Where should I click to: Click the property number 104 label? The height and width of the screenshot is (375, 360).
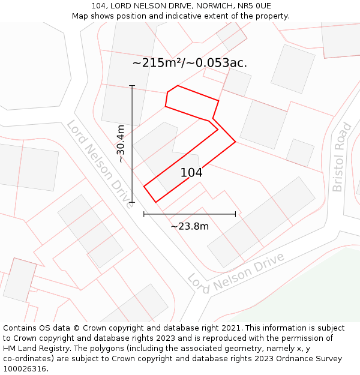(191, 173)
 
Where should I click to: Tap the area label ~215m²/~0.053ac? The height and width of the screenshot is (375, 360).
(190, 63)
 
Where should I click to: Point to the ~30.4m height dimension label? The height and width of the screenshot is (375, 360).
(121, 143)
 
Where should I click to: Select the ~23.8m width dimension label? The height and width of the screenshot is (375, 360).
(190, 226)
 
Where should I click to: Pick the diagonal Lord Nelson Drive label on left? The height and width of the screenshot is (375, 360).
(100, 163)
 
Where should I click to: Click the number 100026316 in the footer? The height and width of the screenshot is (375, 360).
(24, 369)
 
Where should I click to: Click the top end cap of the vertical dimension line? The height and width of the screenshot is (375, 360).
(132, 86)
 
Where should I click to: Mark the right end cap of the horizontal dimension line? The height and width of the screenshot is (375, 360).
(235, 214)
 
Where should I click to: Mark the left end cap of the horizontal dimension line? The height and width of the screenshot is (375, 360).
(144, 214)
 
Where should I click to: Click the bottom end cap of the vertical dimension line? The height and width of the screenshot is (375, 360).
(132, 202)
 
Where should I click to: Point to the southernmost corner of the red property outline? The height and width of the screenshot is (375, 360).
(155, 202)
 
